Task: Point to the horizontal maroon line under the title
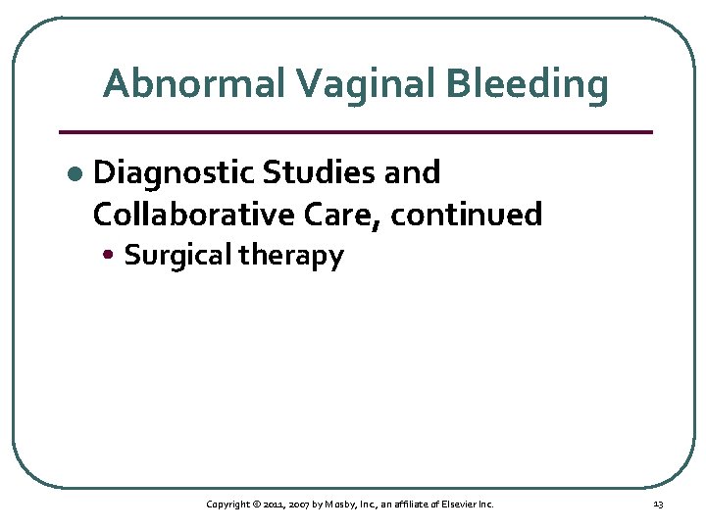355,131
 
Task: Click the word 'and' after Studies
412,173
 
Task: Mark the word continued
467,214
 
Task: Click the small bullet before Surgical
115,257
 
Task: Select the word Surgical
178,256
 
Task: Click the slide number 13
658,504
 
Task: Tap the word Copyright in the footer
228,504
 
